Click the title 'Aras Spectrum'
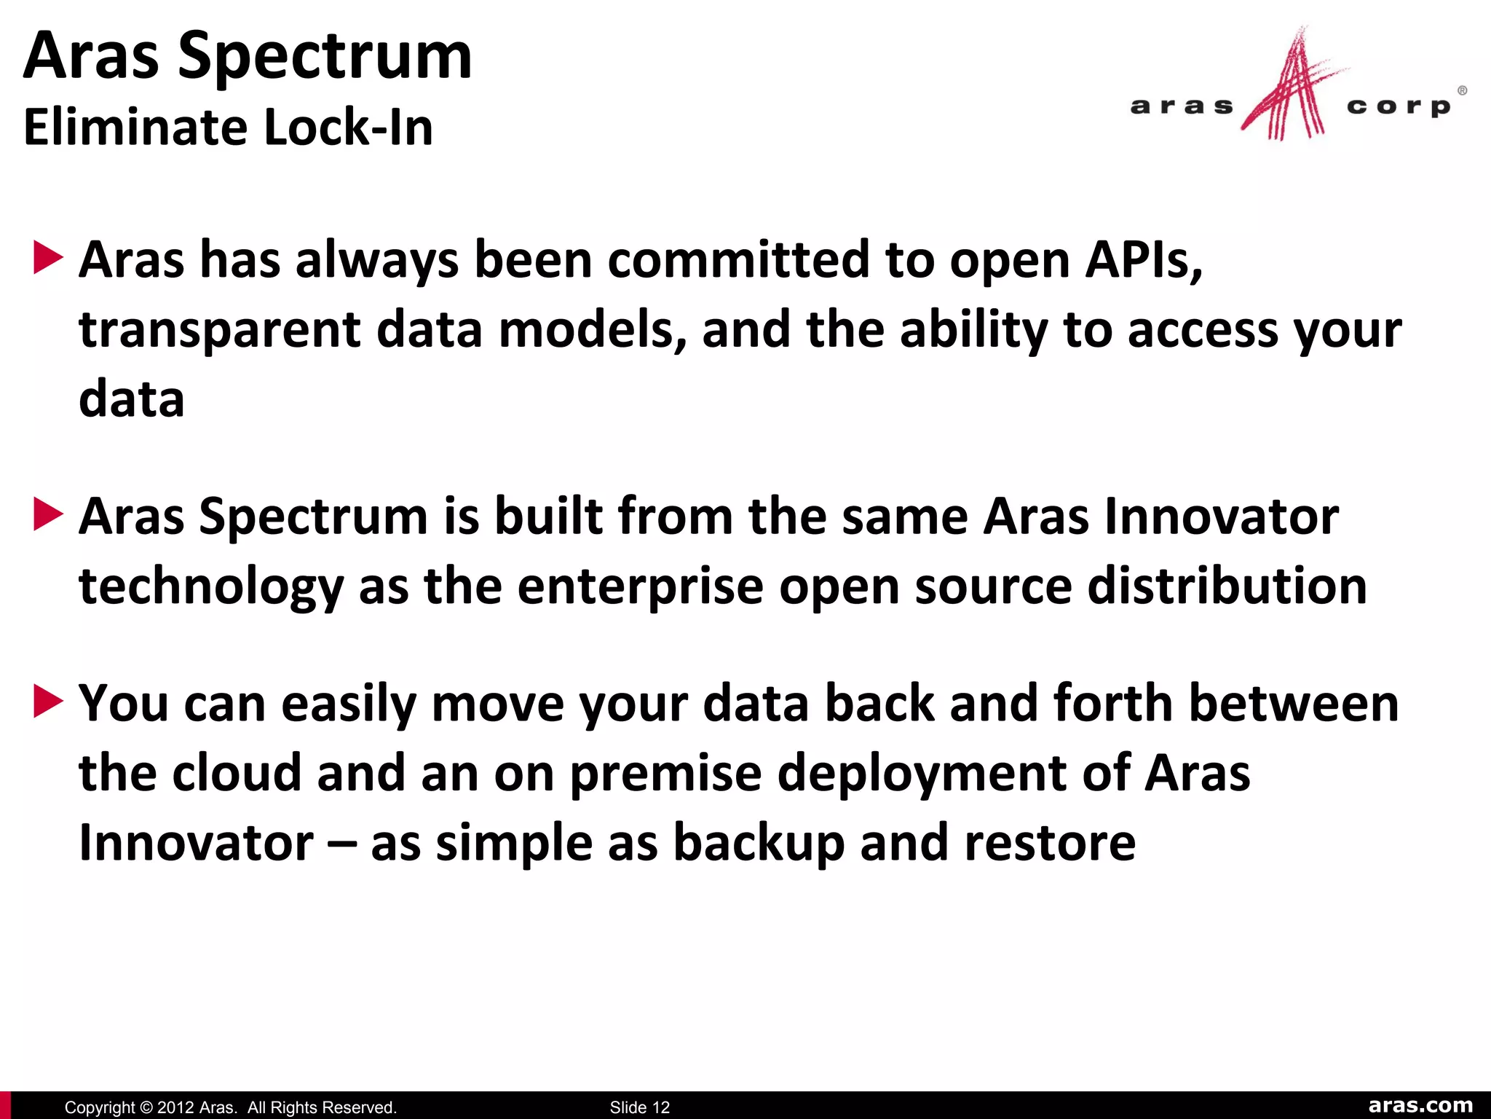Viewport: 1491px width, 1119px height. coord(248,57)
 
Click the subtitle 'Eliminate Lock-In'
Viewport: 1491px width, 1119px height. coord(228,127)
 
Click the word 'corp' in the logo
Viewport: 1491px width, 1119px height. coord(1399,107)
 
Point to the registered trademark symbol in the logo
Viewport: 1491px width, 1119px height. coord(1462,91)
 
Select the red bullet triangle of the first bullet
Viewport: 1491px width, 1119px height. coord(48,259)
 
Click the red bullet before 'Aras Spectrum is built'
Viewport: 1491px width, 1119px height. coord(48,515)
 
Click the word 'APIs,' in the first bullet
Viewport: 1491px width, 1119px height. coord(1144,260)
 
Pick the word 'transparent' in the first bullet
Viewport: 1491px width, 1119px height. coord(219,330)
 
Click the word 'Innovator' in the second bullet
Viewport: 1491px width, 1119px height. coord(1221,517)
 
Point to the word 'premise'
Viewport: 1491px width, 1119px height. coord(665,774)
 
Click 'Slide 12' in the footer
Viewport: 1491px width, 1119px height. coord(639,1107)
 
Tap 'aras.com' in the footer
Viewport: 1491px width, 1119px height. coord(1420,1106)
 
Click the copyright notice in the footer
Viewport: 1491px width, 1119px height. coord(230,1107)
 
